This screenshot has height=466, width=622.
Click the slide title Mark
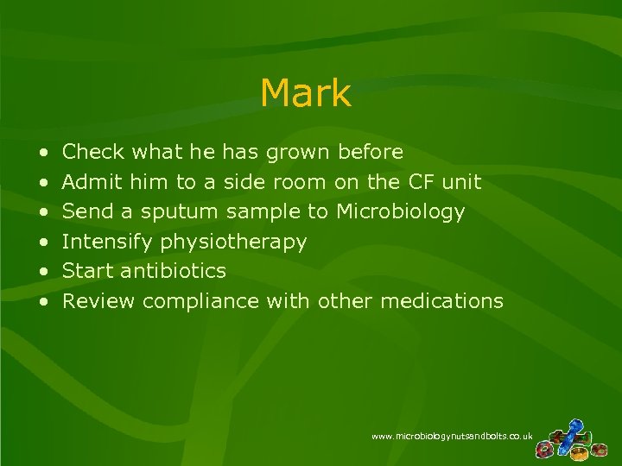click(305, 93)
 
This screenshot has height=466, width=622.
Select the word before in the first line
click(371, 153)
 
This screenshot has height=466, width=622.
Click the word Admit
click(93, 182)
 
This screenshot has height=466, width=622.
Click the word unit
click(461, 182)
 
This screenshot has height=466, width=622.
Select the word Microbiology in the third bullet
click(401, 211)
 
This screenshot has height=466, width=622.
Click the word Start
click(88, 271)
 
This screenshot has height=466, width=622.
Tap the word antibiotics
click(174, 271)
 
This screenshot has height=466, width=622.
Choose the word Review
click(99, 301)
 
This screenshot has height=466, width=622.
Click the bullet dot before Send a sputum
click(43, 212)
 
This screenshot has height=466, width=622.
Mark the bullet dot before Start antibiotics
click(43, 272)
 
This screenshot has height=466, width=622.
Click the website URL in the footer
click(452, 437)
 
